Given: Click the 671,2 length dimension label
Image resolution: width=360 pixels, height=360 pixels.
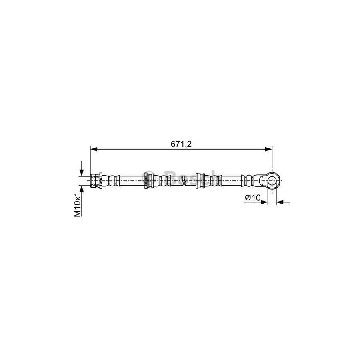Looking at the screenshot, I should point(181,144).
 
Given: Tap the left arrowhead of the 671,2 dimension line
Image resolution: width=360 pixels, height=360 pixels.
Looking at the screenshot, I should point(94,149).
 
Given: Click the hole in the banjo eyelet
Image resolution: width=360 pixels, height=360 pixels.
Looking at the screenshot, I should point(272,180).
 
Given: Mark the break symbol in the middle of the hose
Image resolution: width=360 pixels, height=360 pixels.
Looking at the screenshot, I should point(183,181).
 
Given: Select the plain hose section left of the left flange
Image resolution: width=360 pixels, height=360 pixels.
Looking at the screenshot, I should point(131,180).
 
